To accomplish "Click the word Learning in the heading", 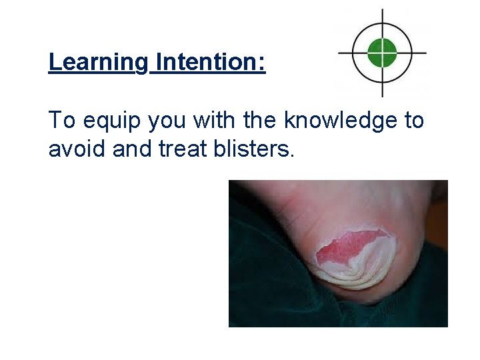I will [98, 63].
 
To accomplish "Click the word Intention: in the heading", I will [210, 63].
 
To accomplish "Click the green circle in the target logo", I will [382, 52].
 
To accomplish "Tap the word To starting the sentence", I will [61, 121].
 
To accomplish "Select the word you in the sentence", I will [167, 121].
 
